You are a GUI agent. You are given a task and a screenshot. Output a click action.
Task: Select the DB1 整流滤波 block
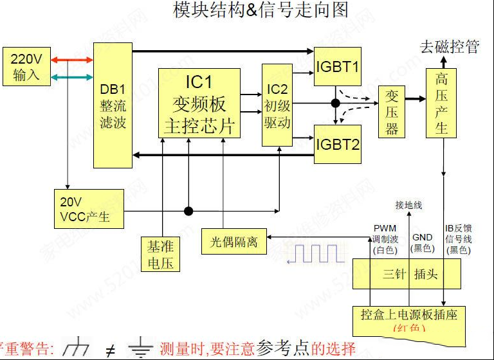(x=113, y=105)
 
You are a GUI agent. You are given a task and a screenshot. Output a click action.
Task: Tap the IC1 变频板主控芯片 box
(x=199, y=104)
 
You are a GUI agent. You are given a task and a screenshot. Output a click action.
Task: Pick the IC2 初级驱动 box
(x=277, y=105)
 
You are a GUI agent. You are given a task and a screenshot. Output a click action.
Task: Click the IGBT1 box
(x=338, y=66)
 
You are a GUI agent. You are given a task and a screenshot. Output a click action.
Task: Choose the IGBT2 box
(x=338, y=143)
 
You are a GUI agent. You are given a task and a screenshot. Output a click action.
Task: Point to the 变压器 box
(x=392, y=111)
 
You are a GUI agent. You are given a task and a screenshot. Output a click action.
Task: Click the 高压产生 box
(x=441, y=103)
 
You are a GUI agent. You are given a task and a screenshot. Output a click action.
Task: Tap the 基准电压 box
(x=160, y=254)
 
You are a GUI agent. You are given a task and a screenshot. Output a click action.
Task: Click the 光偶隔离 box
(x=233, y=241)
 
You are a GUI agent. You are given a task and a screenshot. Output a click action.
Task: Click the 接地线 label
(x=408, y=205)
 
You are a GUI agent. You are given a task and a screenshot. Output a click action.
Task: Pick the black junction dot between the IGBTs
(x=335, y=103)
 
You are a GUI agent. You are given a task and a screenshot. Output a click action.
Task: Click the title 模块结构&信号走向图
(x=261, y=10)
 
